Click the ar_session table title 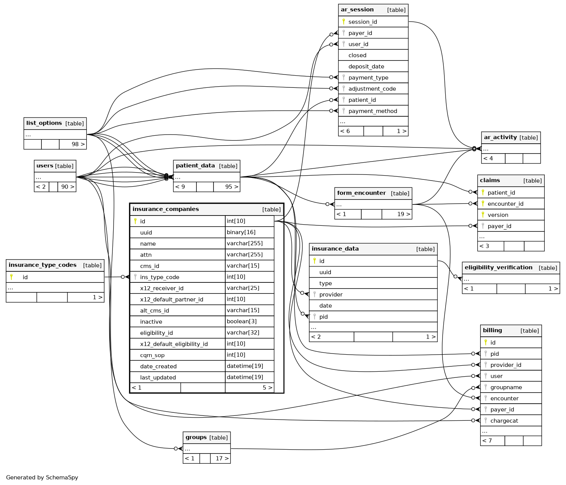(x=357, y=10)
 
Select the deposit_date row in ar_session (x=366, y=67)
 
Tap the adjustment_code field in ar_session (x=372, y=89)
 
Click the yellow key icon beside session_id (x=343, y=22)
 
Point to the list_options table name (x=44, y=123)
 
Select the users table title (x=45, y=166)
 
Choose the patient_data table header (x=195, y=166)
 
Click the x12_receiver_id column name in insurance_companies (x=161, y=288)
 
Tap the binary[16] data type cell (x=241, y=232)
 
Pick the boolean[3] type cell (x=242, y=322)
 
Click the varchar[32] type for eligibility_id (x=243, y=333)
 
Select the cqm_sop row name (x=152, y=355)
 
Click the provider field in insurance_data (x=330, y=295)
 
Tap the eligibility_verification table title (x=498, y=268)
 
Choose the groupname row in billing (x=506, y=387)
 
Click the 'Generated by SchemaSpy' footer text (x=42, y=477)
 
